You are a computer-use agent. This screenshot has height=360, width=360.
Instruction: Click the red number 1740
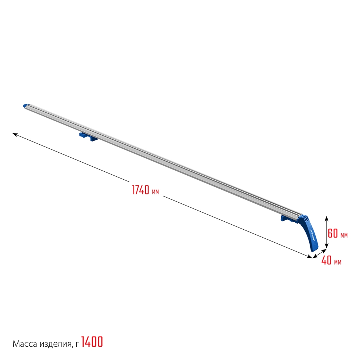141,190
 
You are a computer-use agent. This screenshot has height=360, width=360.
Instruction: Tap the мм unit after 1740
156,192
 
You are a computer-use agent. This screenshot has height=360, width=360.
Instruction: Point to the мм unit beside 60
344,235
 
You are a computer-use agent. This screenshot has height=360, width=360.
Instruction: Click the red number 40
327,260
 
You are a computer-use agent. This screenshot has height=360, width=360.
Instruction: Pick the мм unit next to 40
338,262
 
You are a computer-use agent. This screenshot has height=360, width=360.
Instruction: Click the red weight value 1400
92,342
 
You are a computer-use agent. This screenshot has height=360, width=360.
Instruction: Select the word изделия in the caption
54,344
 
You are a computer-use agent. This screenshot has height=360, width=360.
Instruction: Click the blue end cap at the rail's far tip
26,106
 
